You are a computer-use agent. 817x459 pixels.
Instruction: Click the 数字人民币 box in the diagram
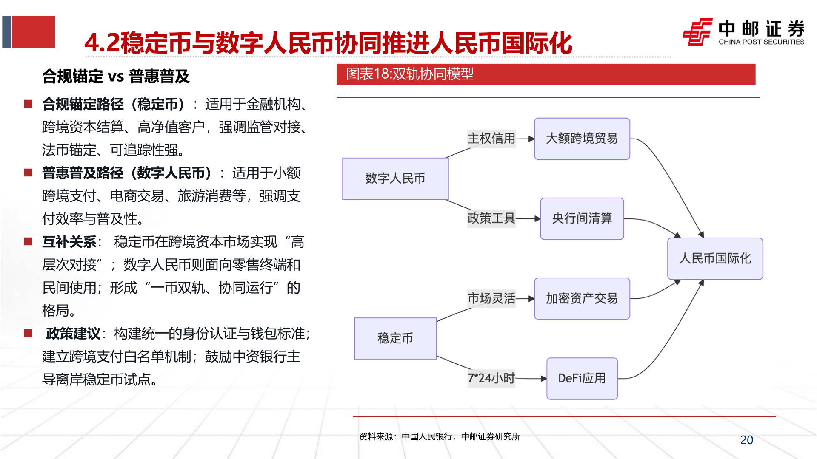pyautogui.click(x=395, y=178)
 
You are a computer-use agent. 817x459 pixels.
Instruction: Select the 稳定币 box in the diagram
pyautogui.click(x=395, y=338)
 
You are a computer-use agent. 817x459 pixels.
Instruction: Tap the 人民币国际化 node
pyautogui.click(x=715, y=258)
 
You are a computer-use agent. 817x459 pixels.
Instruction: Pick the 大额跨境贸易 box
pyautogui.click(x=582, y=139)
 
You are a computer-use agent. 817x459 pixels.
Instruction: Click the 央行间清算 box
pyautogui.click(x=582, y=218)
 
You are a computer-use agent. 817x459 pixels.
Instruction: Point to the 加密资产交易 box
pyautogui.click(x=582, y=298)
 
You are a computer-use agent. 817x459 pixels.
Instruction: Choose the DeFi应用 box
pyautogui.click(x=582, y=378)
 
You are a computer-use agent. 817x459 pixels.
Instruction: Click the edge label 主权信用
pyautogui.click(x=491, y=139)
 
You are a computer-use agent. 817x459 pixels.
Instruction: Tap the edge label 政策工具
pyautogui.click(x=491, y=218)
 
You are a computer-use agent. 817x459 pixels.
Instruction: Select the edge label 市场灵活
pyautogui.click(x=491, y=298)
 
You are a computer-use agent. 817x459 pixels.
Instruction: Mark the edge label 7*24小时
pyautogui.click(x=491, y=378)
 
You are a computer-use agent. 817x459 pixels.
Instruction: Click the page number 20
pyautogui.click(x=746, y=440)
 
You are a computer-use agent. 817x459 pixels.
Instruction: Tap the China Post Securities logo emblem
pyautogui.click(x=697, y=32)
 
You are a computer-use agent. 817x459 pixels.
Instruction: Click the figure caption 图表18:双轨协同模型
pyautogui.click(x=409, y=74)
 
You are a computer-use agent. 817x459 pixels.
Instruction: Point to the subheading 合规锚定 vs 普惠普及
pyautogui.click(x=116, y=76)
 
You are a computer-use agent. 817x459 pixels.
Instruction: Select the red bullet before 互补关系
pyautogui.click(x=28, y=242)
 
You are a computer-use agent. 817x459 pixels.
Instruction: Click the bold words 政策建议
pyautogui.click(x=73, y=334)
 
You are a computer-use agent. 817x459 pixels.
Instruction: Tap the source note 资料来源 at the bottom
pyautogui.click(x=439, y=436)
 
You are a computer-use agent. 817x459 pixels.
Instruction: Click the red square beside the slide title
pyautogui.click(x=33, y=32)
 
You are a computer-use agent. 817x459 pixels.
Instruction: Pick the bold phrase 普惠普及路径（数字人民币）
pyautogui.click(x=127, y=173)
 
